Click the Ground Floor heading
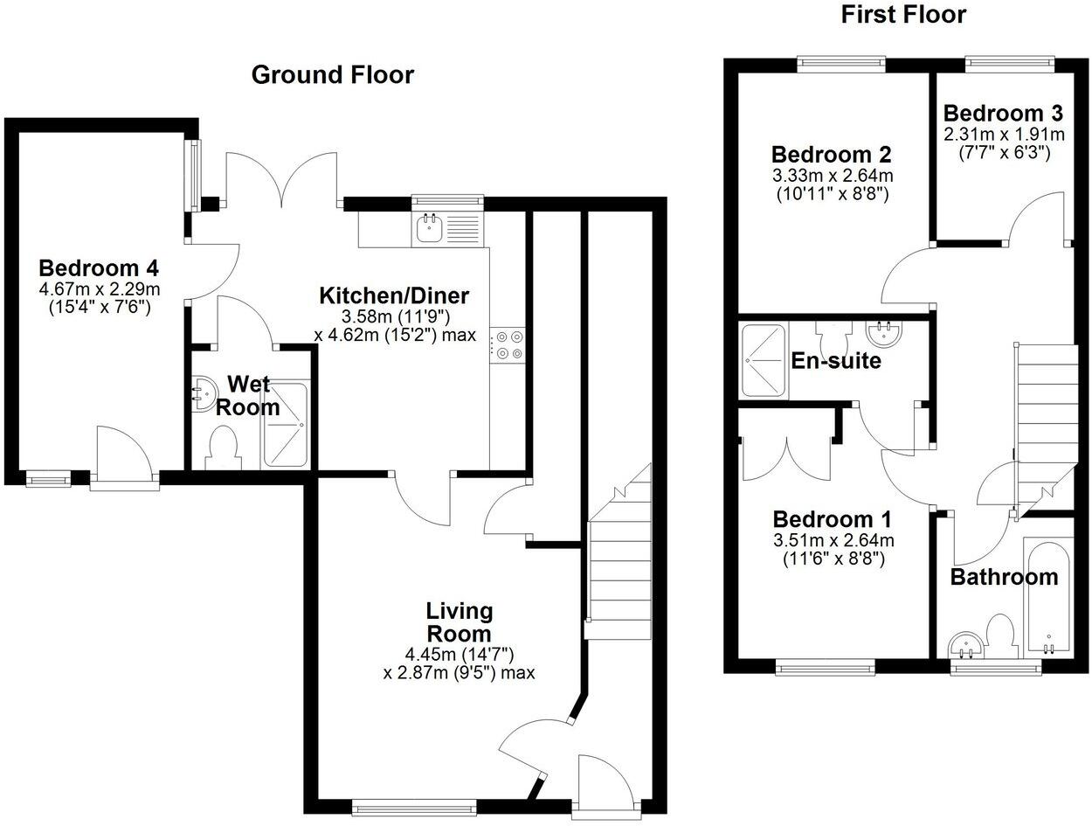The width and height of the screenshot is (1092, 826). tap(332, 75)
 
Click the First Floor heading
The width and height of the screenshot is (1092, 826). tap(903, 15)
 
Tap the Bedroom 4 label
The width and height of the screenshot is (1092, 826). tap(99, 267)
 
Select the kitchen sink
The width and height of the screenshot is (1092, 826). tap(430, 229)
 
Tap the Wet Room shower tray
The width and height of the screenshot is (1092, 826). tap(285, 426)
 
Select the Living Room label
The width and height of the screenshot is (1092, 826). tap(459, 621)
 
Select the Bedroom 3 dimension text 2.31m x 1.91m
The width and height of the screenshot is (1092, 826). tap(1004, 135)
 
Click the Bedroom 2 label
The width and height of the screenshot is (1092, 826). tap(832, 155)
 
